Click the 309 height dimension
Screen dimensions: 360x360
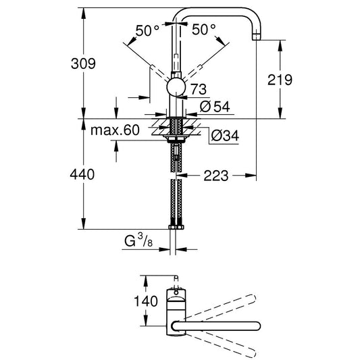tap(83, 63)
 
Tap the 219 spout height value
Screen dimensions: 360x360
tap(280, 80)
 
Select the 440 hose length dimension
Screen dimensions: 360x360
tap(82, 174)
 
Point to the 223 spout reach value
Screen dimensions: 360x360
tap(216, 176)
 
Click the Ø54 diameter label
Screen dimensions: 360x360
tap(215, 107)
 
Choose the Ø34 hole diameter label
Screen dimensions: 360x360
tap(225, 136)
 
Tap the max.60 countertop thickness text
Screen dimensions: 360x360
tap(115, 130)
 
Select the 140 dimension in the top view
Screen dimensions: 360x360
tap(146, 301)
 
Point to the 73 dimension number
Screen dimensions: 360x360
tap(199, 89)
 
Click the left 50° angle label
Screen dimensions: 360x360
tap(147, 30)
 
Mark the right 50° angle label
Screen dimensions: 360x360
tap(204, 30)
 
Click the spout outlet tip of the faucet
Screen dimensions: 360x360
tap(257, 37)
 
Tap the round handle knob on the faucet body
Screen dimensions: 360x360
tap(176, 86)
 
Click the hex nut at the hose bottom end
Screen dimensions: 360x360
tap(176, 227)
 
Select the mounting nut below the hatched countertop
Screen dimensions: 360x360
tap(176, 139)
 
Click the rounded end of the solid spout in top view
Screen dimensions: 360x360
tap(257, 326)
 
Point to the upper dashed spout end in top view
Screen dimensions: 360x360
tap(252, 299)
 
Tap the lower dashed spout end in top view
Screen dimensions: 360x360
tap(252, 353)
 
